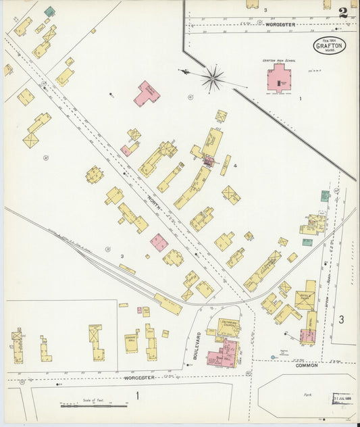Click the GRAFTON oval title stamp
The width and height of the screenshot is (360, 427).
[x=330, y=45]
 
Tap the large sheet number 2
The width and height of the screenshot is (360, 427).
[x=344, y=12]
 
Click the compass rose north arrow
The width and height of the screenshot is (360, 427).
[x=212, y=79]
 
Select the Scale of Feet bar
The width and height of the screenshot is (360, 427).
[x=93, y=405]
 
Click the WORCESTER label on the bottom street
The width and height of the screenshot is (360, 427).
[x=140, y=377]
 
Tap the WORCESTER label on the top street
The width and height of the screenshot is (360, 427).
[x=281, y=24]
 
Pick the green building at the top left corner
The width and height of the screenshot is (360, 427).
[x=49, y=11]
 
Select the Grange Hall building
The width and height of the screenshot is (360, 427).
[x=131, y=340]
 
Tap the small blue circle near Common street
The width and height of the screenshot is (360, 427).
[x=273, y=357]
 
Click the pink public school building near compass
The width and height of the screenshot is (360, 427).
[x=147, y=93]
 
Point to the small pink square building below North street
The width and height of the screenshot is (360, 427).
[x=159, y=243]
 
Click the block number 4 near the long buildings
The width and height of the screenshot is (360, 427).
[x=235, y=165]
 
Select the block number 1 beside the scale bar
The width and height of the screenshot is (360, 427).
[x=137, y=395]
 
